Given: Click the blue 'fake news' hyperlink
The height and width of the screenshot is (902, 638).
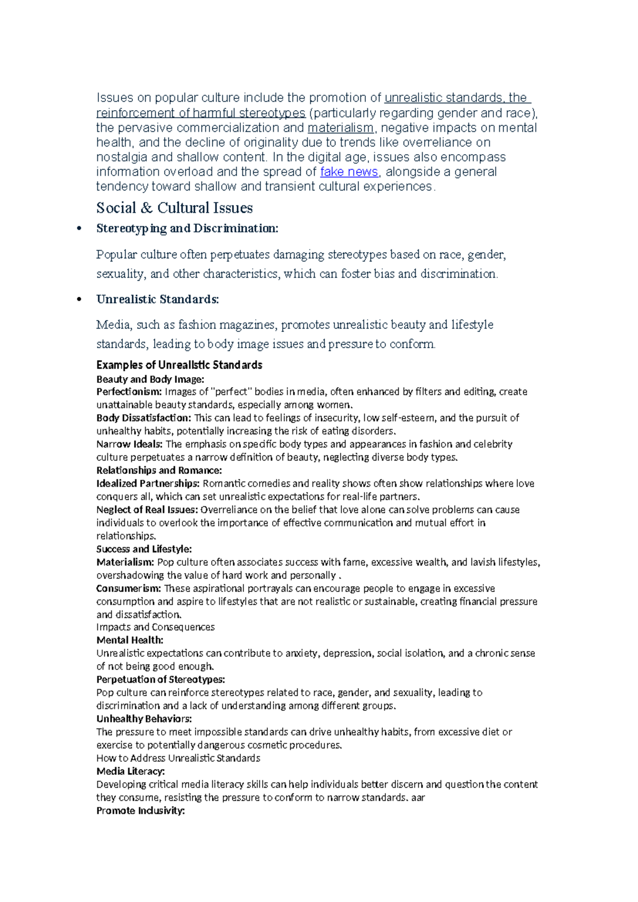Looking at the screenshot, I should click(x=349, y=172).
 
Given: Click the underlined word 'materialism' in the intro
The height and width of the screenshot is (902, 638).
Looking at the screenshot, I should click(x=340, y=128).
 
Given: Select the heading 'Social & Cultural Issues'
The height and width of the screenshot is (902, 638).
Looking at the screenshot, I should click(x=174, y=207).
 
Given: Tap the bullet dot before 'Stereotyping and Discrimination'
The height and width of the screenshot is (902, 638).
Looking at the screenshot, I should click(x=79, y=229).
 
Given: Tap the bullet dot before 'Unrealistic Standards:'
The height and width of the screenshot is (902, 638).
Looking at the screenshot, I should click(x=79, y=299).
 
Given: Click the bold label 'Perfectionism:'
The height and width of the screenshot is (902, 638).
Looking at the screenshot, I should click(x=129, y=392).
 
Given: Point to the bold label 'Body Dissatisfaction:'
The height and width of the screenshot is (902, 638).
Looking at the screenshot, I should click(x=144, y=418).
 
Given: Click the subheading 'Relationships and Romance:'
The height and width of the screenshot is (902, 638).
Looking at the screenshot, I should click(x=159, y=470).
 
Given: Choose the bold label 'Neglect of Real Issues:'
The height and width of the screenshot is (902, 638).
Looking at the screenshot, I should click(x=147, y=510).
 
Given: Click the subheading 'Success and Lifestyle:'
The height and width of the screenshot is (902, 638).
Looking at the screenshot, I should click(x=144, y=549).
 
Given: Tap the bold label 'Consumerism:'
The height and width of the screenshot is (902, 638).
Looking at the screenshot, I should click(x=129, y=588).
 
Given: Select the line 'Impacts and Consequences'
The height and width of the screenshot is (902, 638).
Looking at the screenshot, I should click(x=155, y=627).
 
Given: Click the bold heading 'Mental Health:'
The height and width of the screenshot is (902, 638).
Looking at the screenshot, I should click(x=130, y=640).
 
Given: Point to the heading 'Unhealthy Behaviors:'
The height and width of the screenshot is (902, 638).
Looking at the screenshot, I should click(x=144, y=719).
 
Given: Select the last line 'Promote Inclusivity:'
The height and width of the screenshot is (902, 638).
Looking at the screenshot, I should click(x=140, y=811).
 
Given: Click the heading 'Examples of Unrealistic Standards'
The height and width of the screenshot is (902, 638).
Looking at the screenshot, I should click(x=179, y=365).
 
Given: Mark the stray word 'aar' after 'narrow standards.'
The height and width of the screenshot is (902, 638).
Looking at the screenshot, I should click(x=418, y=798).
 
